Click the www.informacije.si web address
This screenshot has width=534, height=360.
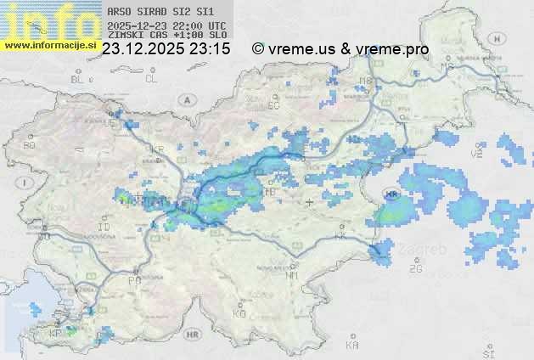point(51,45)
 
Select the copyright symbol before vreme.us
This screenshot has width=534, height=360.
point(258,49)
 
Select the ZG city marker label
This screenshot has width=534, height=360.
point(416,269)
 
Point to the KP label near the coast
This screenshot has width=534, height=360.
point(56,333)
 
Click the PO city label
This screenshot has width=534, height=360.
point(133,279)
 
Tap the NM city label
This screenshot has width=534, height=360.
point(293,275)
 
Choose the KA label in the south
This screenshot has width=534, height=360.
point(352,345)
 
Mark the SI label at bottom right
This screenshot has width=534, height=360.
point(487,351)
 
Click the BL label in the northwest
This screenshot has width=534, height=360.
point(79,79)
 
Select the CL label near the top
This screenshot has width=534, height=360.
point(151,79)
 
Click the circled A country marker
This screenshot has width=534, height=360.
point(186,99)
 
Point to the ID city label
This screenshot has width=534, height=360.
point(104,228)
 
